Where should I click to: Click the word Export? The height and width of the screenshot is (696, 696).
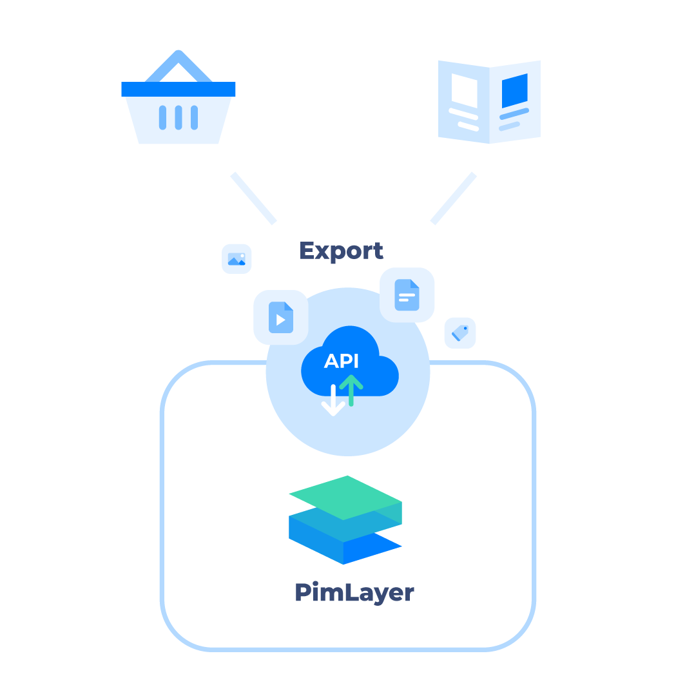pyautogui.click(x=341, y=251)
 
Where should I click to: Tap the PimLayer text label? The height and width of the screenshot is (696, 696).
pyautogui.click(x=354, y=592)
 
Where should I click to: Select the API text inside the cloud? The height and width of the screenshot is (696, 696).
pyautogui.click(x=342, y=362)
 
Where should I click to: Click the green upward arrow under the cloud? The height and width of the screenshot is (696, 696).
pyautogui.click(x=351, y=390)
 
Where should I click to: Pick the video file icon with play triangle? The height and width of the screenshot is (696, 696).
pyautogui.click(x=280, y=317)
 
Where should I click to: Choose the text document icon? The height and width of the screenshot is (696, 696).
pyautogui.click(x=407, y=295)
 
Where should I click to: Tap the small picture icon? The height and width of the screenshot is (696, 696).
pyautogui.click(x=237, y=259)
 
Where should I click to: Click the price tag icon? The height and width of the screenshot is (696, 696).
pyautogui.click(x=460, y=333)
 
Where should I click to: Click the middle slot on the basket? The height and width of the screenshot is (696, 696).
pyautogui.click(x=179, y=117)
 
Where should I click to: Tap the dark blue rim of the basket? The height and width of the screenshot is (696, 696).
pyautogui.click(x=179, y=89)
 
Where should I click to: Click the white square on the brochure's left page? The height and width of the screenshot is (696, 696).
pyautogui.click(x=464, y=90)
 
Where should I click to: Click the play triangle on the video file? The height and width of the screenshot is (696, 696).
pyautogui.click(x=280, y=320)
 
